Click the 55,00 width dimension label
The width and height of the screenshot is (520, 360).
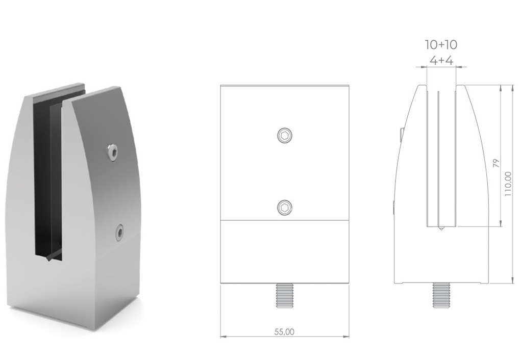point(285,331)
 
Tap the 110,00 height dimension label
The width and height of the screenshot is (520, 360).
point(508,184)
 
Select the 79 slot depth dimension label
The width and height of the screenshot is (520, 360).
point(496,163)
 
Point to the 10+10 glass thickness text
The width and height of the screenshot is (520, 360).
point(441,45)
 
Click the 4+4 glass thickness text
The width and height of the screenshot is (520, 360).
point(441,60)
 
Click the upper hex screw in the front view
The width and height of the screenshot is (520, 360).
point(285,135)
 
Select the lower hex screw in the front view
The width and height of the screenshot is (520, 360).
point(285,208)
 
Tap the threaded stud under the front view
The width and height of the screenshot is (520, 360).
point(285,296)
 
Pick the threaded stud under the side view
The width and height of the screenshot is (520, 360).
point(441,295)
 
